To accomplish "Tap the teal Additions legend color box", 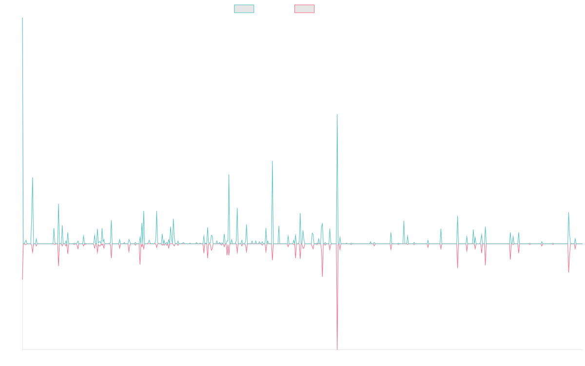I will pyautogui.click(x=244, y=9).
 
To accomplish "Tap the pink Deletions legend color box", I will pyautogui.click(x=305, y=9).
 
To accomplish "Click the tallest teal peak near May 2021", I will pyautogui.click(x=337, y=115).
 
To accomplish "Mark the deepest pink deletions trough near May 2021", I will pyautogui.click(x=337, y=348).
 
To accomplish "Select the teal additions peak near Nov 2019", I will pyautogui.click(x=273, y=161).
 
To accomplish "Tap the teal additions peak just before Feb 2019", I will pyautogui.click(x=229, y=175).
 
